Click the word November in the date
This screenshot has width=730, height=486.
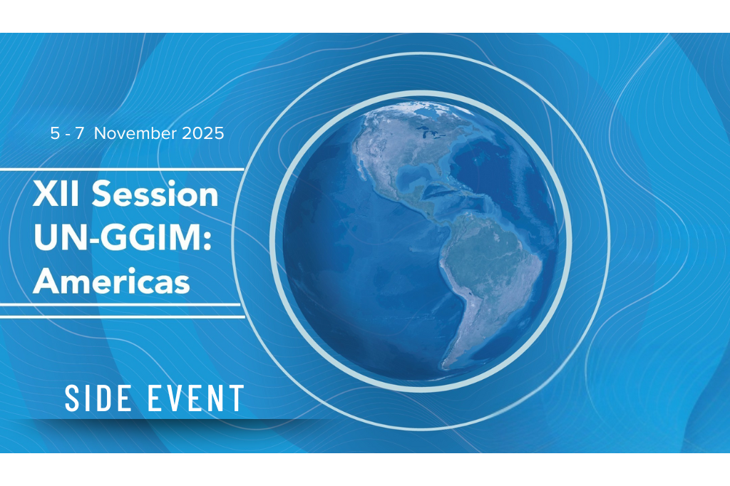coord(135,133)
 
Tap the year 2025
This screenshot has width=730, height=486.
coord(203,133)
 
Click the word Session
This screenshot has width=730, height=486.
coord(155,194)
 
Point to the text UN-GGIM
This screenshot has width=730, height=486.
coord(118,237)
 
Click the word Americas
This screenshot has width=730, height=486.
coord(111,281)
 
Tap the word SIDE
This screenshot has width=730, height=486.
coord(97,398)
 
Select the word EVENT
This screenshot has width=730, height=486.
coord(195,398)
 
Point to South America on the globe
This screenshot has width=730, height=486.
coord(489,274)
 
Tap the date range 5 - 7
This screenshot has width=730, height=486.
coord(67,133)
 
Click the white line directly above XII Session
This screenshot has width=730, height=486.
coord(122,170)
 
